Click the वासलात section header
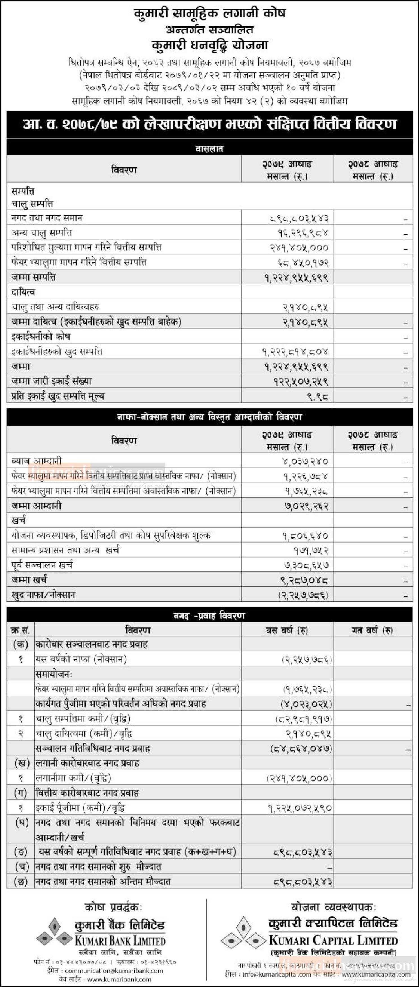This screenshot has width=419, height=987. tap(209, 149)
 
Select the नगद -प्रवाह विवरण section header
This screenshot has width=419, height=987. tap(209, 615)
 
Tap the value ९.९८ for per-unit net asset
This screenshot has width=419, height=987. tap(318, 396)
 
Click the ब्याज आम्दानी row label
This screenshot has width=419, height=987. tap(36, 461)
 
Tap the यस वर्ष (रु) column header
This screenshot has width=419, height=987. tap(287, 630)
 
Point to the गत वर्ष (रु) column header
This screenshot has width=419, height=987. tap(372, 630)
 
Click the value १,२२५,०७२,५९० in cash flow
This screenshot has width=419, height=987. tap(300, 808)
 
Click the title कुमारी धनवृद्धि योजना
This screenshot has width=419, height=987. tap(209, 45)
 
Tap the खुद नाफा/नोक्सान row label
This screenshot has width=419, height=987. tap(43, 595)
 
